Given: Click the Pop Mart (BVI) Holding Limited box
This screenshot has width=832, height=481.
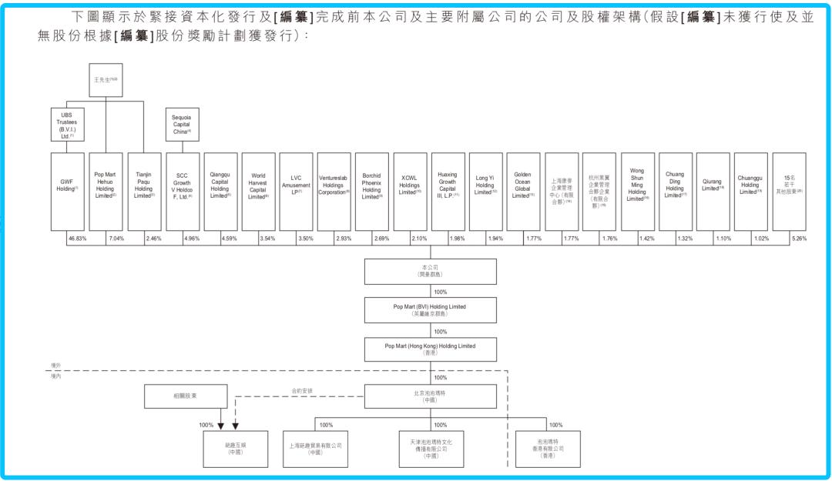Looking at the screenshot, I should [430, 310].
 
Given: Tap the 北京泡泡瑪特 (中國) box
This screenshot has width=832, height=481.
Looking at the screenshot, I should [430, 396].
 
